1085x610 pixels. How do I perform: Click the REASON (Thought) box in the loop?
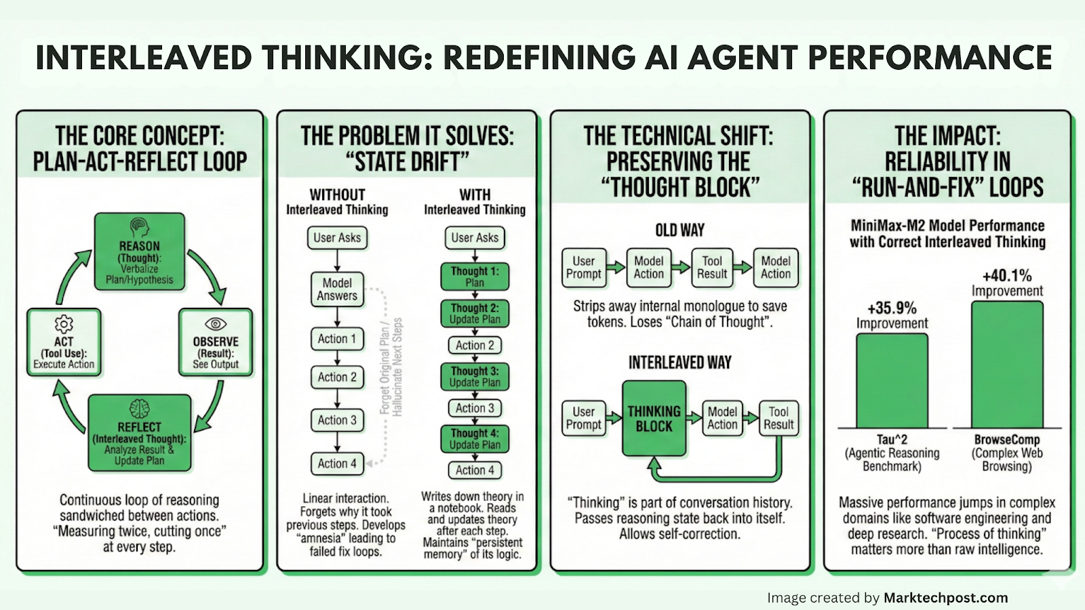(140, 252)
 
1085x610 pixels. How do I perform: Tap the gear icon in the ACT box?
(64, 323)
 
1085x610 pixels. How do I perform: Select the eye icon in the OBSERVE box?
(216, 323)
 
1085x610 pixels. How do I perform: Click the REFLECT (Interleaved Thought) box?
(139, 433)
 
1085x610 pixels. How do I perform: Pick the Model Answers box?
(337, 289)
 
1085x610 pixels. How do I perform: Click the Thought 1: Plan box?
(475, 277)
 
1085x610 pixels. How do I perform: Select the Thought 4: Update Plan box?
(475, 439)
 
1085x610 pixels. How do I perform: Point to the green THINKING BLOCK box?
(654, 419)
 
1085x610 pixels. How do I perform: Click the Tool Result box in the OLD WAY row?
(712, 268)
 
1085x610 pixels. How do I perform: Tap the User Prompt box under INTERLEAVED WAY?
(583, 418)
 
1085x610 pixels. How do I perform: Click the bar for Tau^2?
(892, 380)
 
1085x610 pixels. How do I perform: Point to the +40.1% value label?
(1007, 275)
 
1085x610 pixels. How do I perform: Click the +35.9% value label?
(892, 308)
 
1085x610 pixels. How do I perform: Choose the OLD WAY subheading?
(679, 230)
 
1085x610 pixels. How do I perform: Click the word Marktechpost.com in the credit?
(945, 598)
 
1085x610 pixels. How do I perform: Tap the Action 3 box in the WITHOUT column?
(337, 420)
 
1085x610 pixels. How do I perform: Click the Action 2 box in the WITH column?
(475, 345)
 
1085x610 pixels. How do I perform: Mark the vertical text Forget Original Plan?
(385, 369)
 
